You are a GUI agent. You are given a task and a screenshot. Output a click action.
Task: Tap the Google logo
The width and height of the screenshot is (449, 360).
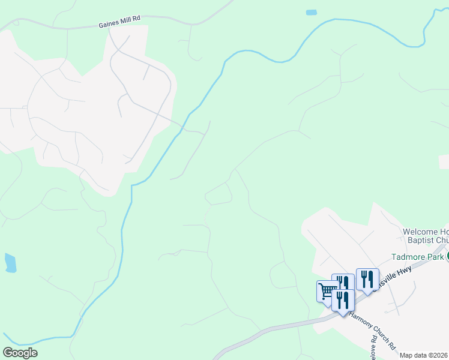20,353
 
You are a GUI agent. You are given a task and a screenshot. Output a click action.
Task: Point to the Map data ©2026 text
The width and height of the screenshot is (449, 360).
424,355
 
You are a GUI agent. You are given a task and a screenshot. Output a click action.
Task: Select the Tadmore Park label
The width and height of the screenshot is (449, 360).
417,257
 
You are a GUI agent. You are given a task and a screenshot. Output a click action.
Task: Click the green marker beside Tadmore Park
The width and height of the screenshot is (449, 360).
447,257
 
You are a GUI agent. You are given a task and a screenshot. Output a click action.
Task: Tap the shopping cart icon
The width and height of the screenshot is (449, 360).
327,292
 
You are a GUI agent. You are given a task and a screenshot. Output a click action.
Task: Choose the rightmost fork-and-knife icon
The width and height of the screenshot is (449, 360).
367,279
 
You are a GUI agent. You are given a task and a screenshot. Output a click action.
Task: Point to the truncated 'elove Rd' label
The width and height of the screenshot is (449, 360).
373,347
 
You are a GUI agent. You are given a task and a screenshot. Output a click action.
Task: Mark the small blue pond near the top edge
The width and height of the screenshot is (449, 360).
311,12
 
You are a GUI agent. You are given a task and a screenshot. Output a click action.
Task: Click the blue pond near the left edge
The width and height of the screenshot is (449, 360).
10,262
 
